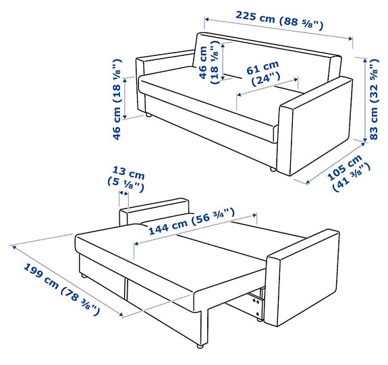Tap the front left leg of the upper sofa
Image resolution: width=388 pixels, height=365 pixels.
click(x=148, y=117)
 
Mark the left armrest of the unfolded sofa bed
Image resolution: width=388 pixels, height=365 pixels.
click(x=155, y=210)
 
